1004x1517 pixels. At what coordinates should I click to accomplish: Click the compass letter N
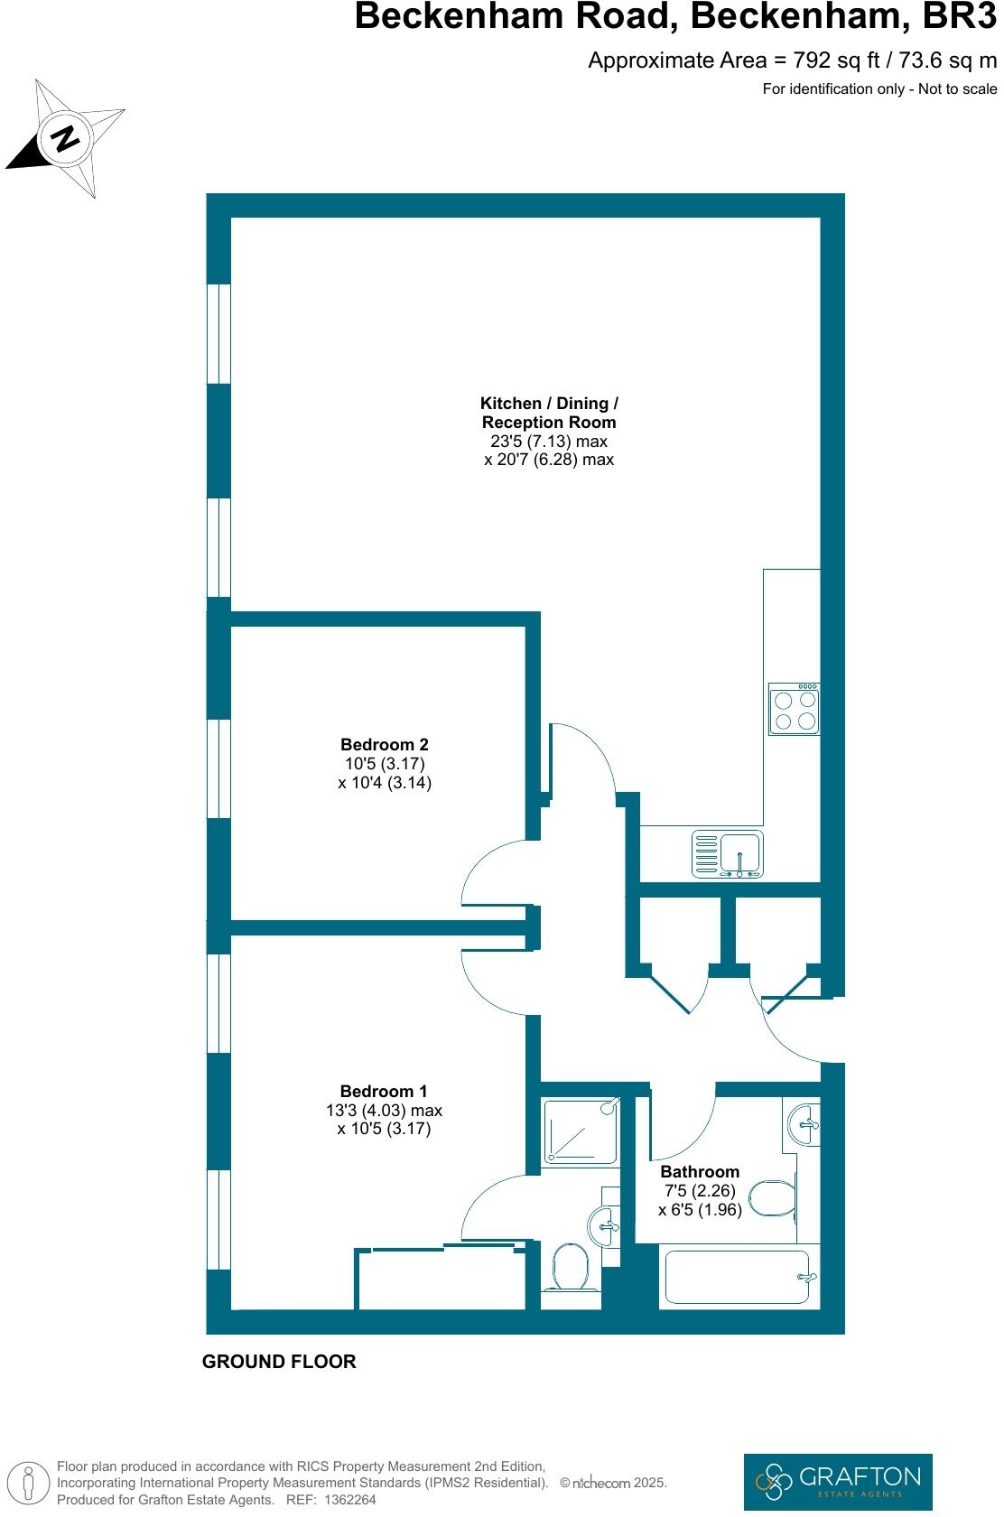click(x=65, y=139)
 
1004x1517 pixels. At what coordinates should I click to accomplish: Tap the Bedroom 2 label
click(x=384, y=745)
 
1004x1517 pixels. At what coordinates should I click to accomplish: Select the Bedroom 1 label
click(x=384, y=1091)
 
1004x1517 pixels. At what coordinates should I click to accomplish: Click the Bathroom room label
click(x=700, y=1171)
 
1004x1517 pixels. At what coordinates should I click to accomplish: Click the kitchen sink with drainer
click(x=728, y=854)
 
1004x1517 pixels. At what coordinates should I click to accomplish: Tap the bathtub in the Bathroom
click(x=739, y=1276)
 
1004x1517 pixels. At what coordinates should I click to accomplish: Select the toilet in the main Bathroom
click(x=773, y=1199)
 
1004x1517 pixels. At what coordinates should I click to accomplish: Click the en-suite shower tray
click(x=581, y=1130)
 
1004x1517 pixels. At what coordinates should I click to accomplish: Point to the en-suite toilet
click(x=570, y=1268)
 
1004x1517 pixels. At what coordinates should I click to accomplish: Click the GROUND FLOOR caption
click(x=279, y=1362)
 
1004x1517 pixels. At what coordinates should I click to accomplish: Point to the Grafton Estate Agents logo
click(x=837, y=1481)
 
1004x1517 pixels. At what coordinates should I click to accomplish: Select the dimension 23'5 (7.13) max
click(x=548, y=442)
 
